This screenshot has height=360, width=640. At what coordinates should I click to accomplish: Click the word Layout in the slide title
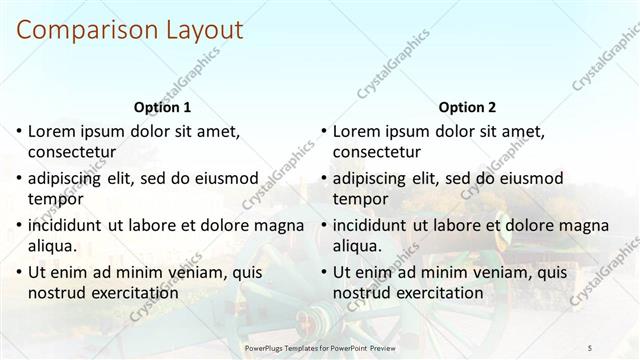[200, 30]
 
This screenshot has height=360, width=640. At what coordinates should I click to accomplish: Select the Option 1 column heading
[161, 107]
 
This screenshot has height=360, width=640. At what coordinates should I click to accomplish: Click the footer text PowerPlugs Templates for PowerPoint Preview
[319, 347]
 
